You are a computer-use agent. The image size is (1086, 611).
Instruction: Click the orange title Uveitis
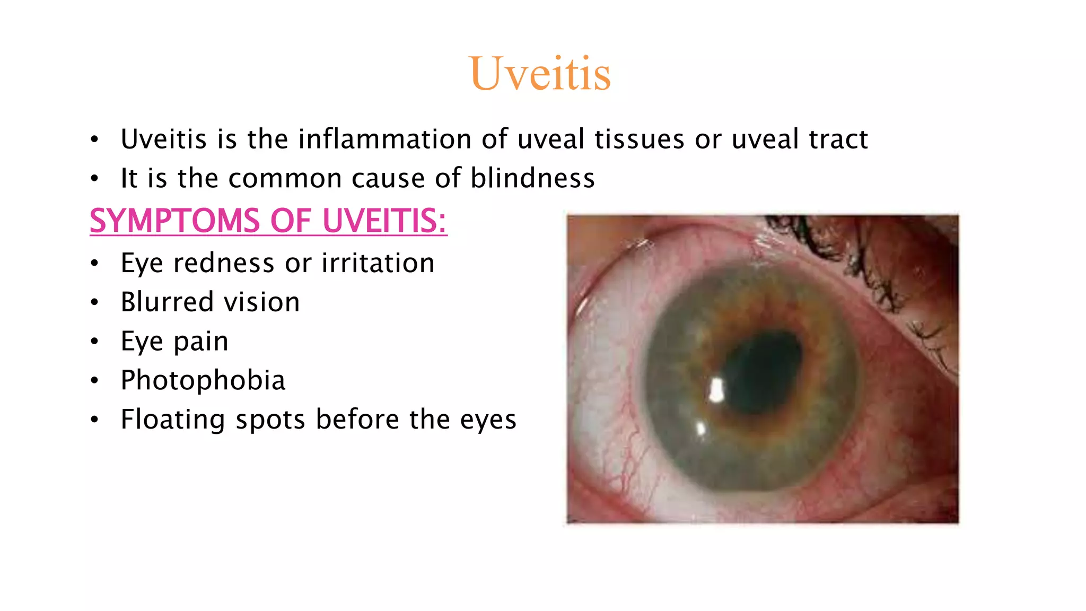tap(540, 74)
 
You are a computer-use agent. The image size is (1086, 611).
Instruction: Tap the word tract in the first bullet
tap(838, 139)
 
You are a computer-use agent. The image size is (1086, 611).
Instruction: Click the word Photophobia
tap(203, 380)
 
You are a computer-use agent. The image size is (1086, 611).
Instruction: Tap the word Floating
tap(173, 420)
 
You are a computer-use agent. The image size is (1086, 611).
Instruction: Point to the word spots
tap(270, 420)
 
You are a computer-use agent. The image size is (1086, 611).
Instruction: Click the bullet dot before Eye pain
tap(94, 341)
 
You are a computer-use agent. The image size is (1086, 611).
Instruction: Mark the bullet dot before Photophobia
tap(94, 380)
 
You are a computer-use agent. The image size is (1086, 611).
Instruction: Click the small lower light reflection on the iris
tap(700, 428)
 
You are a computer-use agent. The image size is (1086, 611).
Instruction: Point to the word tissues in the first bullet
tap(639, 139)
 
